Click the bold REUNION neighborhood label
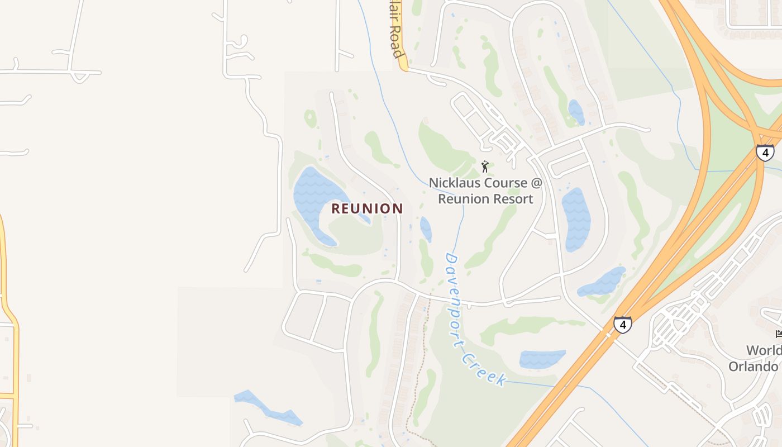coord(367,208)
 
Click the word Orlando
coord(754,367)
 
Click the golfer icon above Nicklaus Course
coord(485,167)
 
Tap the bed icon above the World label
coord(779,334)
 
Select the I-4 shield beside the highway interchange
coord(765,153)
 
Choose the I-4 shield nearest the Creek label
coord(622,324)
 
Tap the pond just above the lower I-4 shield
coord(602,282)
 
